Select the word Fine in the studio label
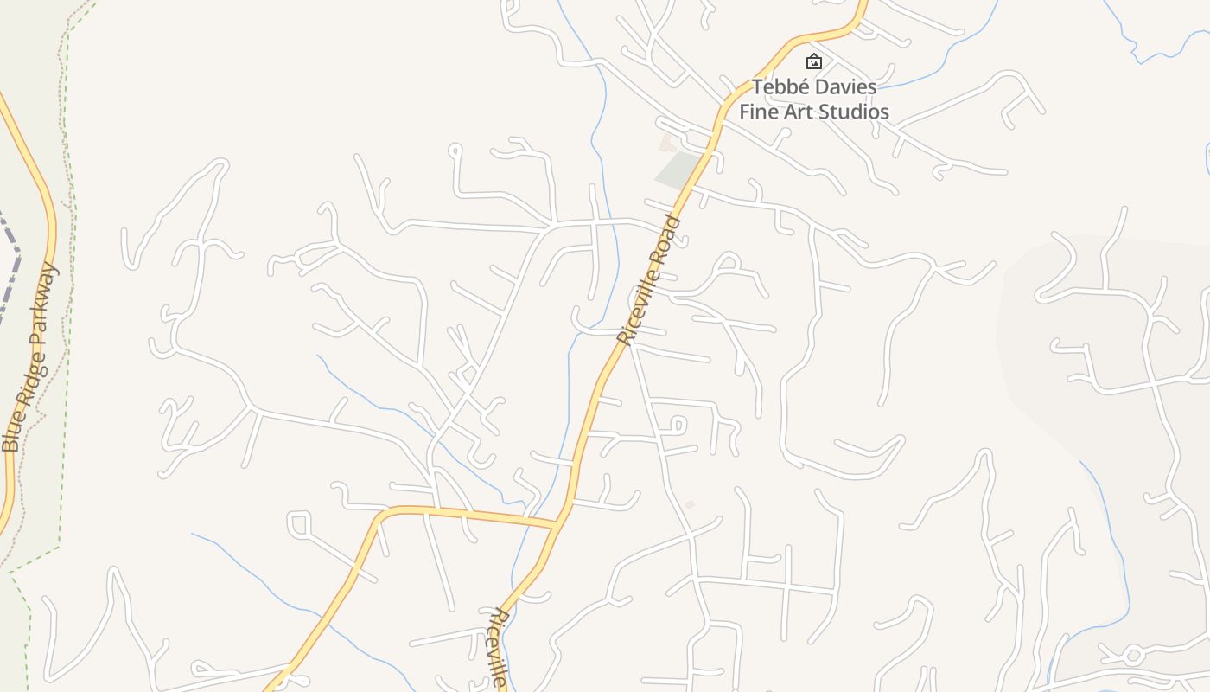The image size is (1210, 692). click(x=758, y=112)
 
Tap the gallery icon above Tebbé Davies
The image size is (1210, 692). click(x=813, y=61)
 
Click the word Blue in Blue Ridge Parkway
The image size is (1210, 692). click(x=11, y=430)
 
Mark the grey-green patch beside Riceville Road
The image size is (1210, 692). click(x=678, y=170)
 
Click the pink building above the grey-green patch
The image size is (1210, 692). click(x=666, y=142)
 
